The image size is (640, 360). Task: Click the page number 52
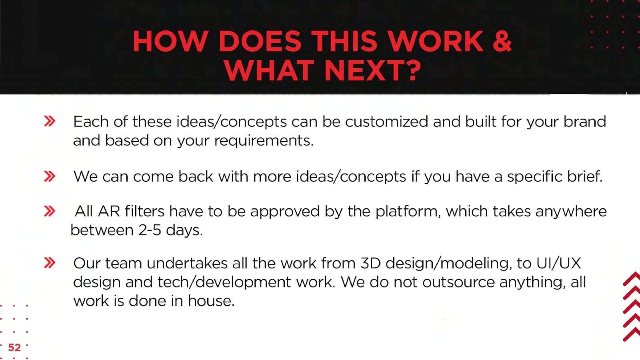click(x=14, y=348)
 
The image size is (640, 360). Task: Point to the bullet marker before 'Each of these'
click(x=50, y=121)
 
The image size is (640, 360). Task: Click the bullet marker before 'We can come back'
click(x=50, y=176)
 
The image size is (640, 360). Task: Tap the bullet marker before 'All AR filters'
click(x=50, y=211)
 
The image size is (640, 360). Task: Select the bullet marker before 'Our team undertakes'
click(x=50, y=263)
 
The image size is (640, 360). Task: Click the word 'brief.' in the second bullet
click(x=584, y=176)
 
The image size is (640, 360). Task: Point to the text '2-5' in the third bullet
click(x=150, y=230)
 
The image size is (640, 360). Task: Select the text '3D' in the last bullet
click(x=370, y=263)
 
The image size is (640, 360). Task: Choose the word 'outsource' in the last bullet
click(x=458, y=282)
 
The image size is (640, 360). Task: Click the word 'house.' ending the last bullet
click(x=211, y=301)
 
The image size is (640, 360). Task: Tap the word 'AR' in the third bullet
click(x=109, y=212)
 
